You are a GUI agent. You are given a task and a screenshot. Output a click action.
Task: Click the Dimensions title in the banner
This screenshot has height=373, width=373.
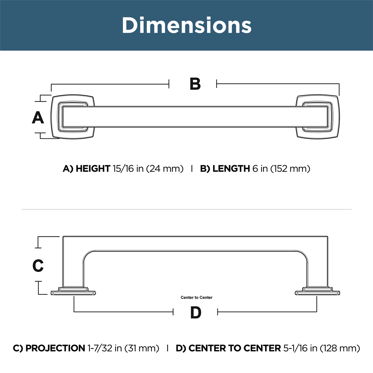tap(186, 25)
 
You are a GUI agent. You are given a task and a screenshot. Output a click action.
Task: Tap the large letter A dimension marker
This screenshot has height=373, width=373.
tap(38, 118)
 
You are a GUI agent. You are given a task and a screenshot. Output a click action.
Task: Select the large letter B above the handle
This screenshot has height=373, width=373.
tap(195, 84)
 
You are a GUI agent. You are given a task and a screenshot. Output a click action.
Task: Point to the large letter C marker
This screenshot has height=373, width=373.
tap(38, 266)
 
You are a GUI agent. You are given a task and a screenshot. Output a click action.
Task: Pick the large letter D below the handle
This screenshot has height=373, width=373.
tap(196, 313)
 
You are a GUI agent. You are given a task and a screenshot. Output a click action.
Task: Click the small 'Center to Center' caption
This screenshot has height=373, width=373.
tap(196, 298)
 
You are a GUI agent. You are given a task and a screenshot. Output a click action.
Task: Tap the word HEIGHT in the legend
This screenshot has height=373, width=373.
tap(93, 169)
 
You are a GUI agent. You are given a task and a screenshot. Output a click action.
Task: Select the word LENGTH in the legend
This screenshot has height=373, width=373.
tap(231, 169)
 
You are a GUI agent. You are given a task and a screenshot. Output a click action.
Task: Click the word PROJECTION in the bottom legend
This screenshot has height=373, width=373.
tap(55, 348)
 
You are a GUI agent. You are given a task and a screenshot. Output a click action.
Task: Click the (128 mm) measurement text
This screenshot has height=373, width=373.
tap(340, 348)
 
